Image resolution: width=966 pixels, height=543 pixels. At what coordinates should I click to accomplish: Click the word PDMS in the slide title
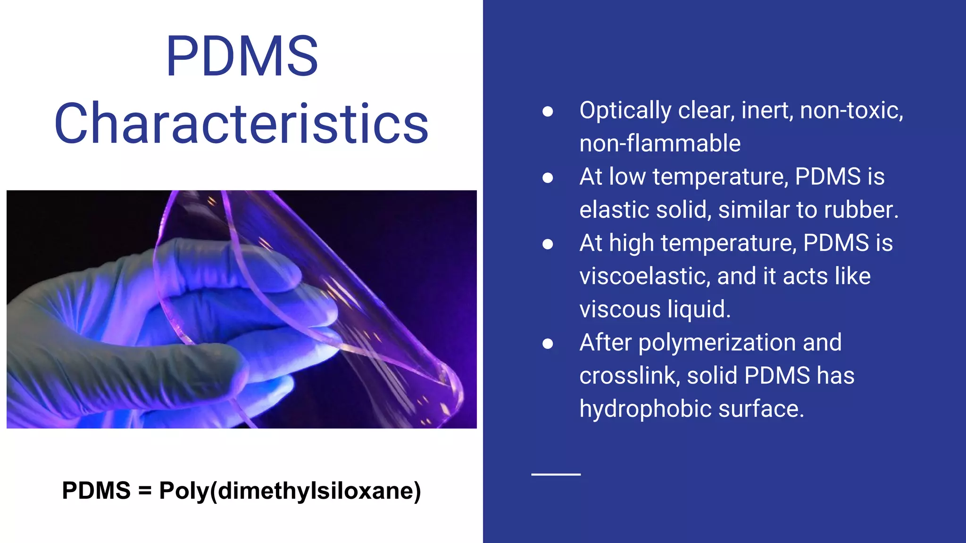242,56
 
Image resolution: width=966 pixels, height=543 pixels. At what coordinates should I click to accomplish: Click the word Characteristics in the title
241,123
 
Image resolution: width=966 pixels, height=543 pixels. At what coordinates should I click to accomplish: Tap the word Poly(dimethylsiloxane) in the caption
290,491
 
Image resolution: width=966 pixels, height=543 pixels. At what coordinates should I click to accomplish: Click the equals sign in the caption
145,491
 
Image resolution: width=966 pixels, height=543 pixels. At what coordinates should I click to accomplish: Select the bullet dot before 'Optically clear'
548,111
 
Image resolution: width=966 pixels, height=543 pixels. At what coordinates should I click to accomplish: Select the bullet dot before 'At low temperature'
548,178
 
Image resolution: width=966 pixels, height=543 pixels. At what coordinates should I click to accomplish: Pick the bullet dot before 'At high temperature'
548,244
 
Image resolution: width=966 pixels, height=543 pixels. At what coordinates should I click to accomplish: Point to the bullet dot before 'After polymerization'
548,344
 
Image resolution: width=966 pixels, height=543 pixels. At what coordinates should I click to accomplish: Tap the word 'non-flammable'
660,143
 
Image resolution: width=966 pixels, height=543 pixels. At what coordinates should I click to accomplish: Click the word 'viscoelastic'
644,276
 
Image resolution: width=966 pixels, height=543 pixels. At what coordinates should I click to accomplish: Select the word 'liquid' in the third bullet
699,310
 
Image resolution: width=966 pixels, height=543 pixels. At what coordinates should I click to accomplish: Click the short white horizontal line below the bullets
556,474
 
